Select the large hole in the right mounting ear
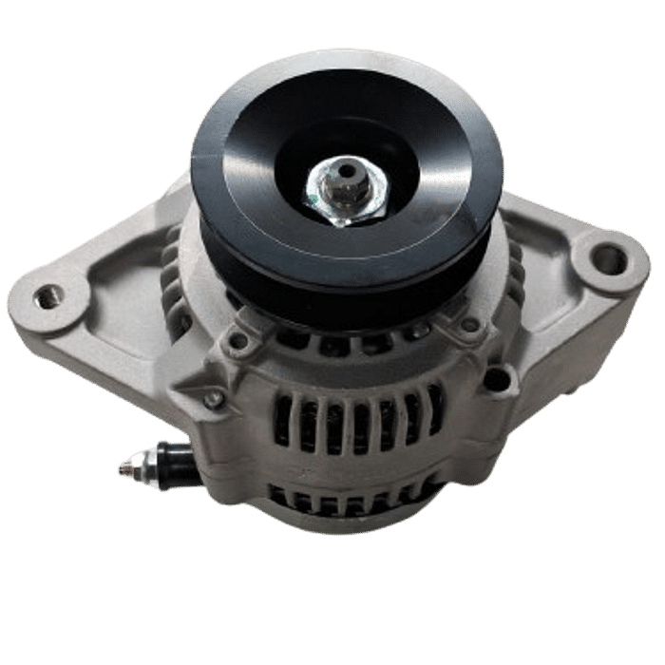coord(606,257)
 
